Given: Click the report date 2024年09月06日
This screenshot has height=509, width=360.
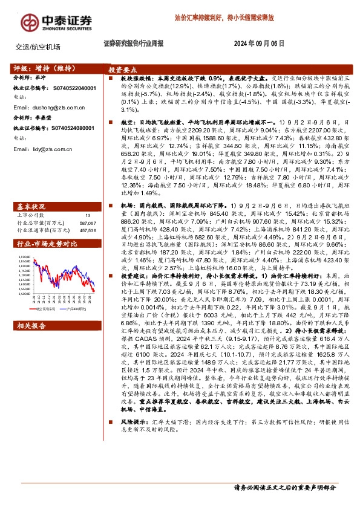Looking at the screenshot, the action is pos(258,44).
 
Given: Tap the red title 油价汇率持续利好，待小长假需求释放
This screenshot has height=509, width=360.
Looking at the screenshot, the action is pos(224,19).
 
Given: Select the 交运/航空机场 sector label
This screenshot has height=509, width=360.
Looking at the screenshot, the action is pos(38,47).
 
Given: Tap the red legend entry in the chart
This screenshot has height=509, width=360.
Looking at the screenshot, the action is pos(43,308).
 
